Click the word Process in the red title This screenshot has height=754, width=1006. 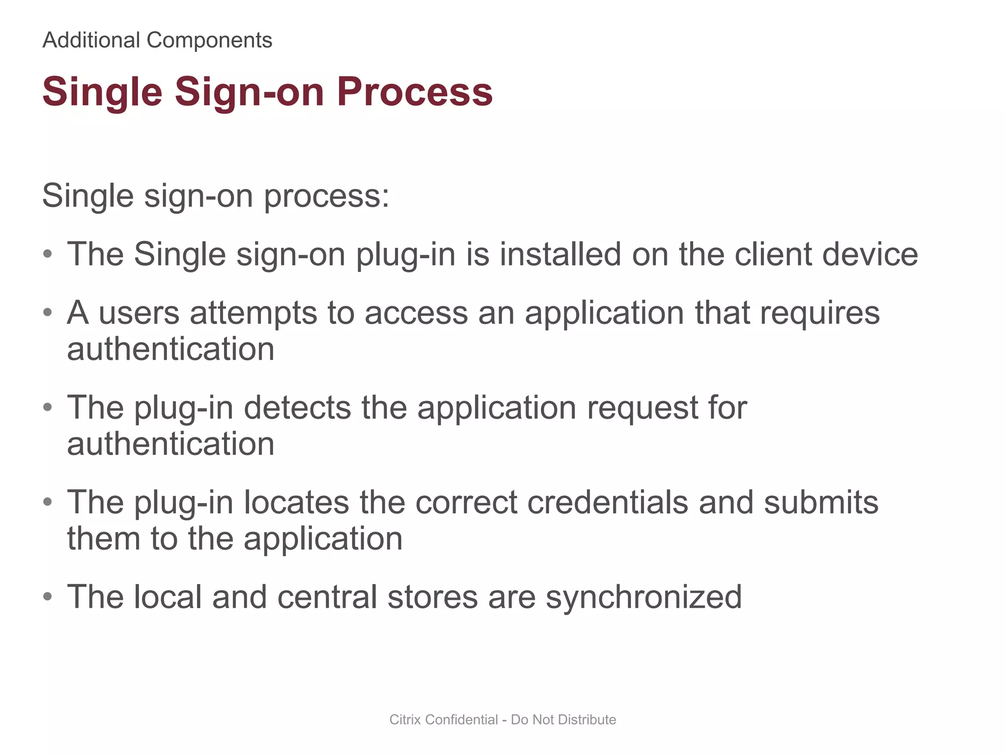(x=415, y=92)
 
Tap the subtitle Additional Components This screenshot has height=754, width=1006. (x=157, y=40)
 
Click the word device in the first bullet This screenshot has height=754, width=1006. (x=870, y=254)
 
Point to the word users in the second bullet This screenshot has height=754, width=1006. (x=139, y=313)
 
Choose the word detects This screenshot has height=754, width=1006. (x=297, y=407)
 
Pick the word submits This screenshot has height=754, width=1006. (x=821, y=502)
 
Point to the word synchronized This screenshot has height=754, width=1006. (x=643, y=598)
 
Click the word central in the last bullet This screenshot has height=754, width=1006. (x=327, y=597)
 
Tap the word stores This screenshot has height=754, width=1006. (x=433, y=597)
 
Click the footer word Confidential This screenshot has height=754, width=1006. (x=462, y=720)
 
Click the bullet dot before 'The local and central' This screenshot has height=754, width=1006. (x=47, y=596)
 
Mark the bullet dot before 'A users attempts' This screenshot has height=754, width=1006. (x=47, y=312)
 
